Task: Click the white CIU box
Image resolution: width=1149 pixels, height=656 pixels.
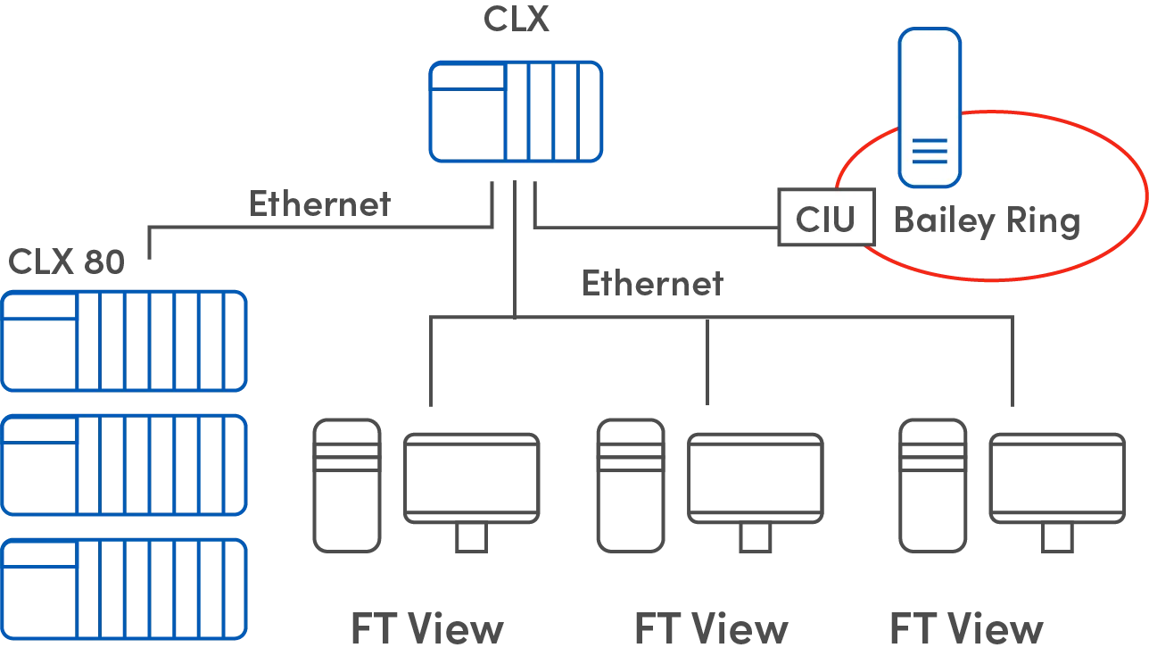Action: point(826,218)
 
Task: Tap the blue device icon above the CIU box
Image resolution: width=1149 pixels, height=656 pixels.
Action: point(930,107)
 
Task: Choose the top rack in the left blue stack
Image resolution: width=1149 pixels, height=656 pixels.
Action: point(124,340)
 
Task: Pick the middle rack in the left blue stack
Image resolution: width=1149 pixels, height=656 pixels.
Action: point(124,465)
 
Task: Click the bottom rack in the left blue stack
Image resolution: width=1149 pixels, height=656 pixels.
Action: point(124,589)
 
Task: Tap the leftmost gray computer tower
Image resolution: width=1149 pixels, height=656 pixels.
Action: point(346,486)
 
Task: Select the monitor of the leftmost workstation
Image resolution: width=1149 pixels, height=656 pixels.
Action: point(471,477)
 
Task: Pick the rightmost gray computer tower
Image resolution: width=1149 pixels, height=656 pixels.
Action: point(931,486)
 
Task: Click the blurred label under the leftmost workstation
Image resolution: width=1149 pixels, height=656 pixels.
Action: point(426,633)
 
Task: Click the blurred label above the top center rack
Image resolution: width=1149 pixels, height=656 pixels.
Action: point(513,20)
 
